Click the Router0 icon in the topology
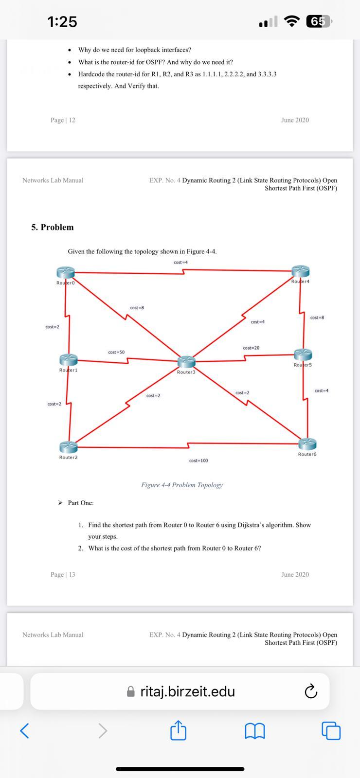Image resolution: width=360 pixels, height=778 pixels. tap(66, 272)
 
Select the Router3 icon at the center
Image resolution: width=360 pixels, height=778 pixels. tap(186, 362)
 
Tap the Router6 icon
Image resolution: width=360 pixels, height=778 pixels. tap(307, 443)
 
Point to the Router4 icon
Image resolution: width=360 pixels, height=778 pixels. tap(301, 271)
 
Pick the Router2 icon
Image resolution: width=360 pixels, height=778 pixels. tap(68, 447)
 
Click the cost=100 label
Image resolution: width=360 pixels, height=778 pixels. tap(198, 460)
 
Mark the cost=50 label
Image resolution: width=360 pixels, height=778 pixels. tap(116, 352)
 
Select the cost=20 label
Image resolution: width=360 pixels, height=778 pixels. tap(251, 348)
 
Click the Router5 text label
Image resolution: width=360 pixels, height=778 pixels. tap(303, 365)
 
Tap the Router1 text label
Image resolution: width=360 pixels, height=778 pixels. tap(68, 370)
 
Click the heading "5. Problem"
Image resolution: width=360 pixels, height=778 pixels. tap(53, 227)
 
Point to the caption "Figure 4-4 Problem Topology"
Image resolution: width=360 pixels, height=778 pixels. tap(182, 485)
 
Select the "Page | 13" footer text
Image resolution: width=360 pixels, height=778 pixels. tap(63, 574)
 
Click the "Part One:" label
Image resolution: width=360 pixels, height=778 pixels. tap(81, 503)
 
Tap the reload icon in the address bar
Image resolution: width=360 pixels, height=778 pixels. tap(310, 691)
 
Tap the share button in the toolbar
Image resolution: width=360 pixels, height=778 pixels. tap(179, 730)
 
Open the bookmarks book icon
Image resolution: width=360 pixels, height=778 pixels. tap(255, 730)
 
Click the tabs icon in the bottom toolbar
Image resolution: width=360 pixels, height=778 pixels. tap(331, 730)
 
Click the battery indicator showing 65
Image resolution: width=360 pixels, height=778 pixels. tap(319, 21)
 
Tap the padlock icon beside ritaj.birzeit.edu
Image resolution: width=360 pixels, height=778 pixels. tap(130, 691)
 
